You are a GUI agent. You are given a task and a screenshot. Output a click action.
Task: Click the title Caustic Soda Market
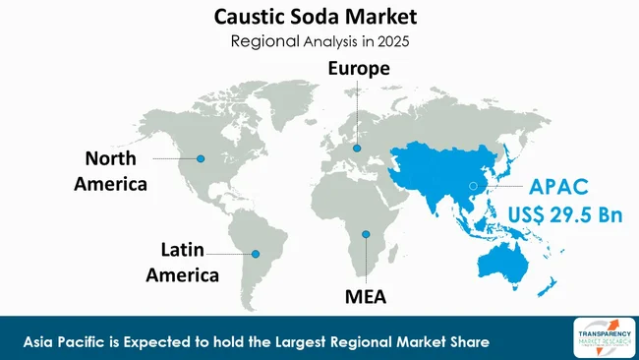click(x=319, y=18)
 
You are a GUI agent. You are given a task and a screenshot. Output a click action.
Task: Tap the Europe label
click(x=358, y=69)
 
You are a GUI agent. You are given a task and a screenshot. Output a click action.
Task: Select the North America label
click(x=115, y=170)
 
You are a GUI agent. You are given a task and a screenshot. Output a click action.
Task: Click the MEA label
click(x=365, y=295)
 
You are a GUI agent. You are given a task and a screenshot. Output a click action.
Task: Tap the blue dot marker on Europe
click(x=358, y=149)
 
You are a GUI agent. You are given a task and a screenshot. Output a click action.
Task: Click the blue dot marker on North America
click(x=201, y=158)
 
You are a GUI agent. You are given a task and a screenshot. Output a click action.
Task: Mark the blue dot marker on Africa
click(x=365, y=234)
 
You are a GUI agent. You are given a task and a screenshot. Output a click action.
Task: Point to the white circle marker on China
click(x=473, y=185)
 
